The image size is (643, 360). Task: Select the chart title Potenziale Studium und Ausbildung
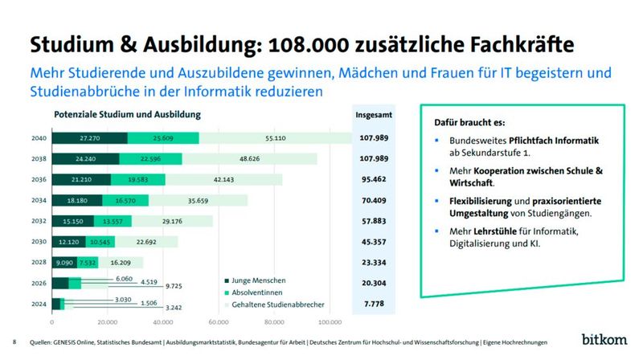click(127, 115)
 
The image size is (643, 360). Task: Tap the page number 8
click(14, 341)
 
